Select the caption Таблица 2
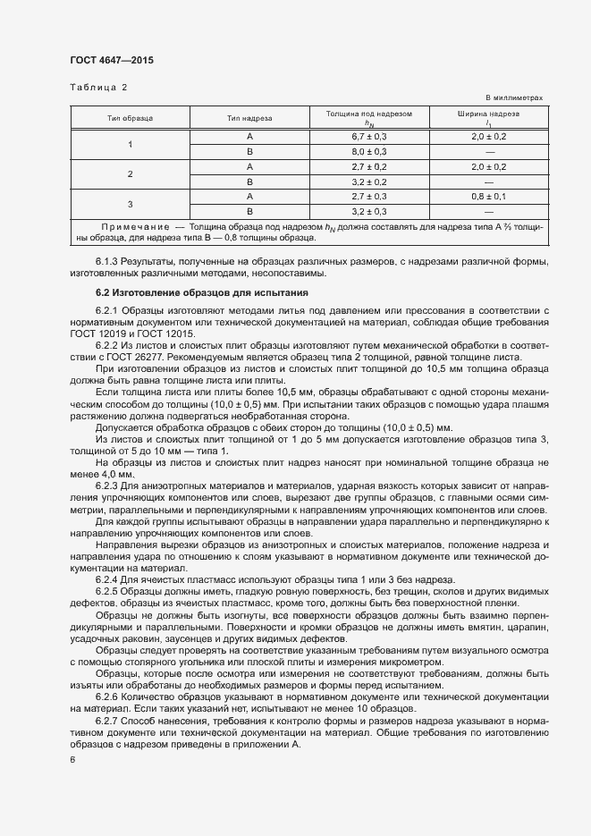99,88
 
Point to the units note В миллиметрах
514,97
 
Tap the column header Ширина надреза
488,114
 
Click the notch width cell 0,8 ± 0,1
488,196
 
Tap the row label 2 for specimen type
130,173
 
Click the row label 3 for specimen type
130,203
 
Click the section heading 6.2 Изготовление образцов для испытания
202,292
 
